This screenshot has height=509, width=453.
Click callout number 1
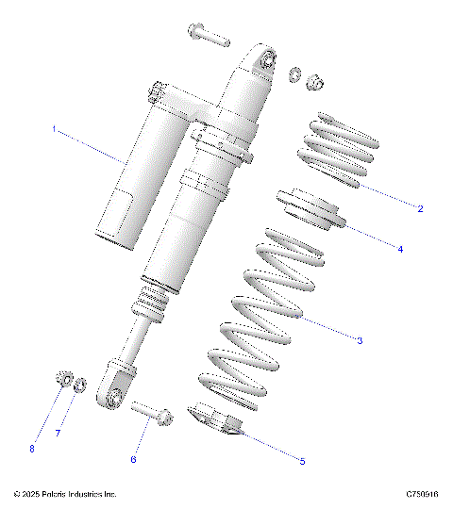(x=54, y=129)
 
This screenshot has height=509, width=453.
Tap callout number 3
(x=360, y=340)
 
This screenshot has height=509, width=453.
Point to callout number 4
(x=399, y=250)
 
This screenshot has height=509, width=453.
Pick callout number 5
(x=301, y=461)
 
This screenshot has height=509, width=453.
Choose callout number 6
(x=133, y=459)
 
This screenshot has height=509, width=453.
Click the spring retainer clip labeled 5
(x=219, y=419)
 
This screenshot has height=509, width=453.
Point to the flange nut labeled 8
(x=61, y=380)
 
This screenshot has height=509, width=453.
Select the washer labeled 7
(x=81, y=385)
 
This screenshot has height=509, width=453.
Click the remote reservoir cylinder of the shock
(x=132, y=179)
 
